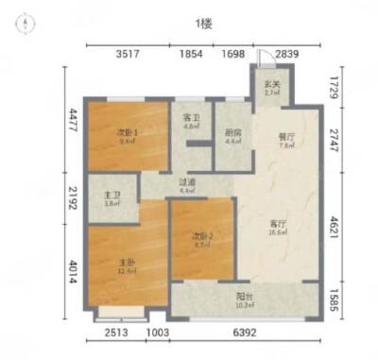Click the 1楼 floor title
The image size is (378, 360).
pos(202,23)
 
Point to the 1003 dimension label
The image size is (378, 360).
pos(158,332)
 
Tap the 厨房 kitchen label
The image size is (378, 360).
pos(232,135)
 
